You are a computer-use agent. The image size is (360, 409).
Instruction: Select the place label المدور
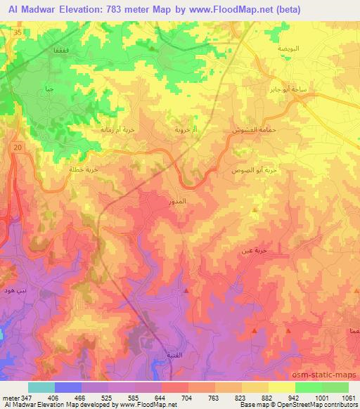[179, 201]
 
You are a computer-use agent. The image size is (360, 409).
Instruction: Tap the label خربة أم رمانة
[111, 130]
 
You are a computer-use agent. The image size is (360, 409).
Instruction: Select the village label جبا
[49, 89]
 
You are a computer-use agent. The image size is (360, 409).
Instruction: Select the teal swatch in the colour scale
[41, 387]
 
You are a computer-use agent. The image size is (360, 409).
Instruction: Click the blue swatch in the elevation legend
[68, 387]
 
